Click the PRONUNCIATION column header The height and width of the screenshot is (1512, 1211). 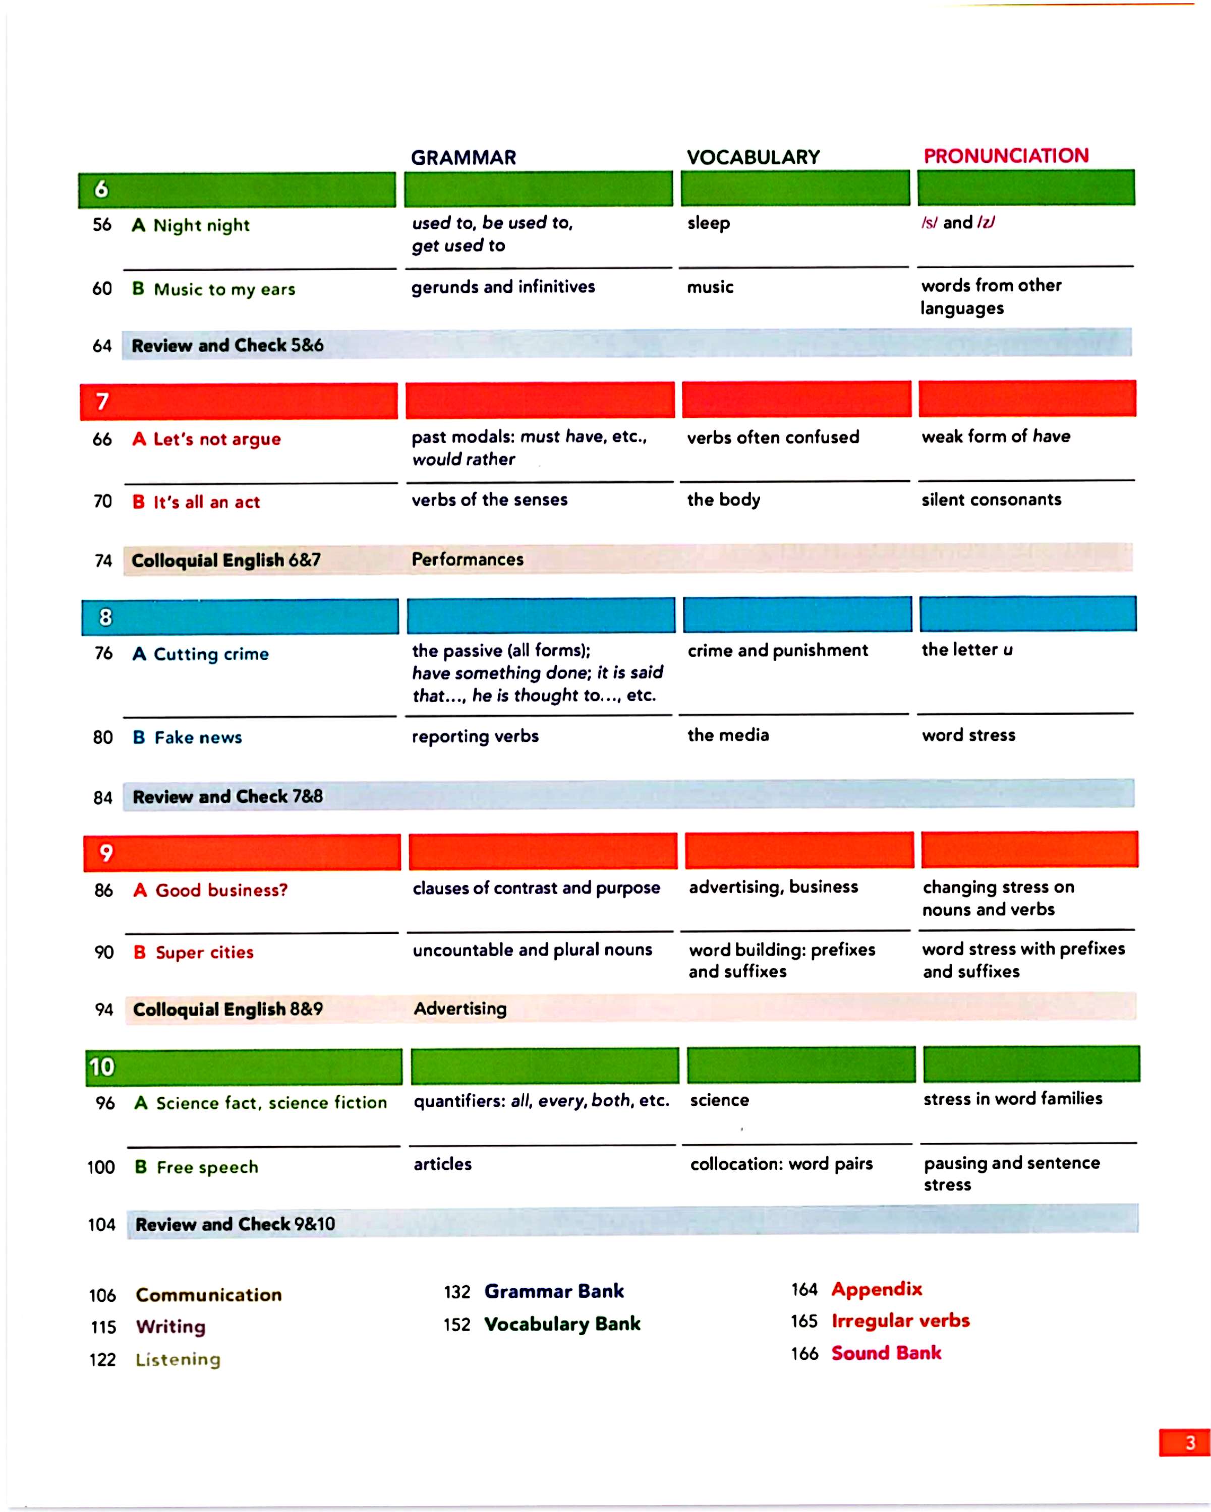(1005, 156)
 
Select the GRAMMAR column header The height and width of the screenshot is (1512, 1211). (463, 158)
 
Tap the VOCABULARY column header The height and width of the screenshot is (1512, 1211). (753, 157)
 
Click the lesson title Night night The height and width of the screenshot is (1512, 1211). (201, 225)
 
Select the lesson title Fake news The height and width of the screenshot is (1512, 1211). (198, 737)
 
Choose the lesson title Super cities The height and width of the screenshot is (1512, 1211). (204, 953)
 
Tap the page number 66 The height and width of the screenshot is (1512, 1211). (102, 439)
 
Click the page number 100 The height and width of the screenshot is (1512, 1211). (101, 1167)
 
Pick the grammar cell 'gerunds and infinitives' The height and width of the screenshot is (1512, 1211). (502, 287)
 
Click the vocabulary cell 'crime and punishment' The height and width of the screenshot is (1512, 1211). (777, 650)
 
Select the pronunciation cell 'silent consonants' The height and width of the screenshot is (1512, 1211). (991, 499)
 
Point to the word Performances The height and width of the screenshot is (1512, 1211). (467, 559)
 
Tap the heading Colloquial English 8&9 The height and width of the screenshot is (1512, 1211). (227, 1009)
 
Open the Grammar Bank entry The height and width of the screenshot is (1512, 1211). (554, 1291)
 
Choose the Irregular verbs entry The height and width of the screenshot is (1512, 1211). (900, 1320)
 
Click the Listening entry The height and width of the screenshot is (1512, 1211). (178, 1359)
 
